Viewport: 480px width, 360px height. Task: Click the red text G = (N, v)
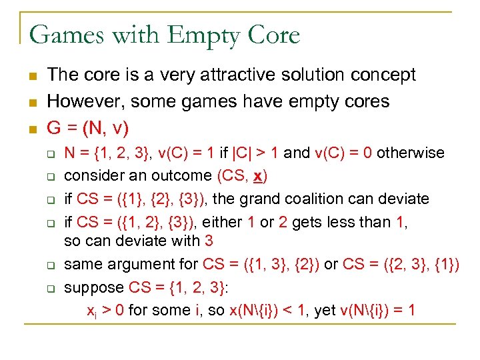[87, 127]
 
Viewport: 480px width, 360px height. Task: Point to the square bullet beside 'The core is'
[31, 75]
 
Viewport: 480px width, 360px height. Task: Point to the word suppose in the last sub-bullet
[94, 287]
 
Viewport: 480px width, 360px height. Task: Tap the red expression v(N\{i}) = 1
[376, 310]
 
